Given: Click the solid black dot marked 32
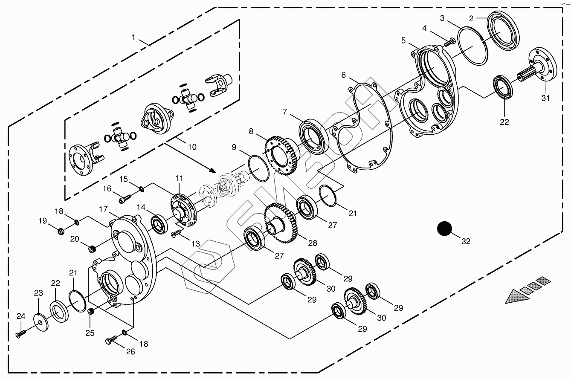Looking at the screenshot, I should [x=444, y=229].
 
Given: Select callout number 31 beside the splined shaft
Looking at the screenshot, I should [x=546, y=98].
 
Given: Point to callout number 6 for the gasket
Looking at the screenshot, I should [x=344, y=75].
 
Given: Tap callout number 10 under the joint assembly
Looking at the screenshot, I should [x=192, y=147].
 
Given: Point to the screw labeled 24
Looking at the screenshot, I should [x=20, y=335].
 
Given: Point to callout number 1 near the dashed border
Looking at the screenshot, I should [x=133, y=37].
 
